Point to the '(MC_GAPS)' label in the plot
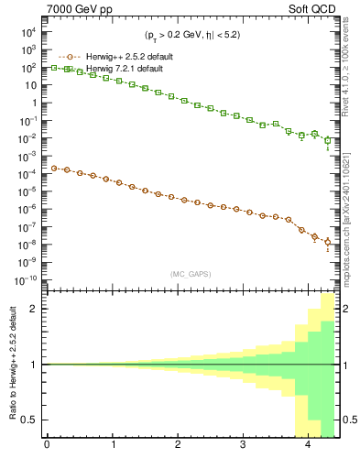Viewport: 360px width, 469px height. coord(192,274)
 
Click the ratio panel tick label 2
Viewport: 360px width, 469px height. coord(38,309)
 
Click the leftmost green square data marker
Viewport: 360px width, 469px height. coord(54,68)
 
